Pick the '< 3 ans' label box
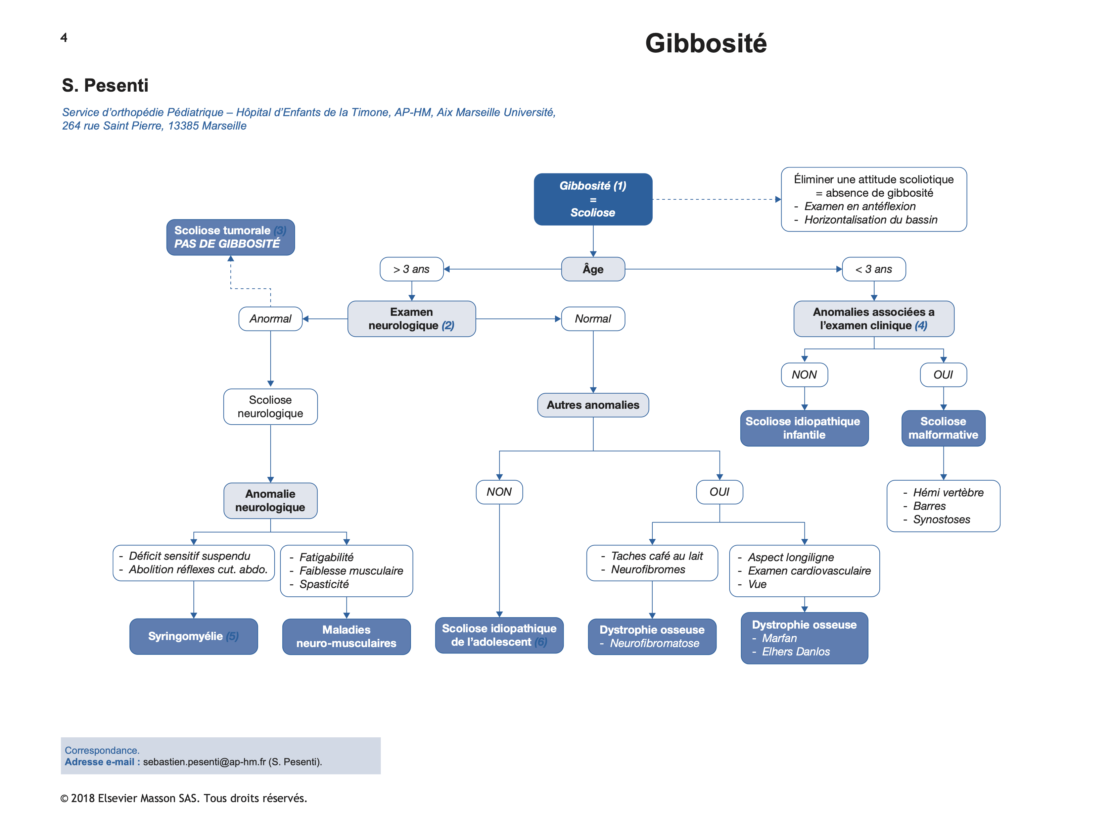(874, 269)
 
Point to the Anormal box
(270, 318)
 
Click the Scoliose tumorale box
(230, 237)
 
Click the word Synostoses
(941, 519)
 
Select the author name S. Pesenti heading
(105, 86)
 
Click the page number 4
(64, 38)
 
